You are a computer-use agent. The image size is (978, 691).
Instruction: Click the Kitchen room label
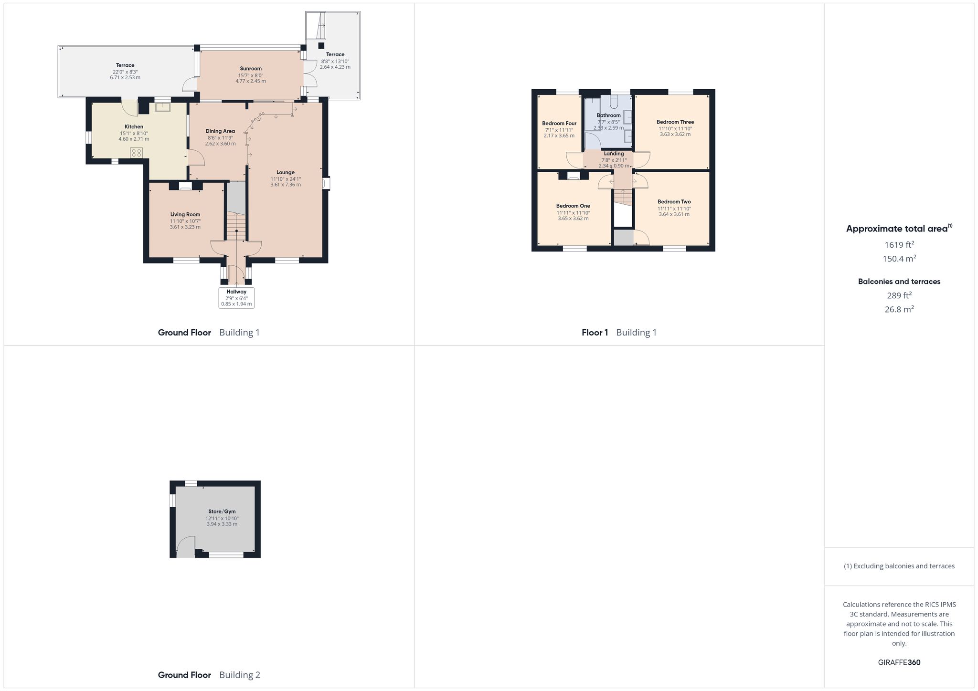tap(134, 126)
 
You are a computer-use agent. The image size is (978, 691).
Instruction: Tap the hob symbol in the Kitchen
tap(137, 153)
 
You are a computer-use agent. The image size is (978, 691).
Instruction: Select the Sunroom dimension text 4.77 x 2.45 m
tap(251, 81)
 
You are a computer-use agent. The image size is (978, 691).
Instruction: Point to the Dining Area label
tap(220, 131)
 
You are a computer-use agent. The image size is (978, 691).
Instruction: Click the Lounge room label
tap(286, 172)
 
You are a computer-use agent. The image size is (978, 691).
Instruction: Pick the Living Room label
tap(185, 214)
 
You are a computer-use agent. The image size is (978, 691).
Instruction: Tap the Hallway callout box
tap(236, 298)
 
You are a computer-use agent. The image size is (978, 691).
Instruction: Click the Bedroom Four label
tap(559, 123)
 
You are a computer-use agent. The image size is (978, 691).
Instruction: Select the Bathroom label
tap(609, 115)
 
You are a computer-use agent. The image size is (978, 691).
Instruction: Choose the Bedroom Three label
tap(675, 122)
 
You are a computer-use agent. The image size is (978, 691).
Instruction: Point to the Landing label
tap(614, 154)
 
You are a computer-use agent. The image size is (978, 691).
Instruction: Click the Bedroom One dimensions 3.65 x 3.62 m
tap(573, 219)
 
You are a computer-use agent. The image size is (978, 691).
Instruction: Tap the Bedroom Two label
tap(674, 201)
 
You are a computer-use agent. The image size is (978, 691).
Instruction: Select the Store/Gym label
tap(222, 511)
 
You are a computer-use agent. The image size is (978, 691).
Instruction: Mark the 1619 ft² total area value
tap(899, 245)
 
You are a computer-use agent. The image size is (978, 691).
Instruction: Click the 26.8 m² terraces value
tap(899, 309)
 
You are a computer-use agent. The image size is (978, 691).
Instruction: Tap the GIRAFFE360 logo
tap(899, 662)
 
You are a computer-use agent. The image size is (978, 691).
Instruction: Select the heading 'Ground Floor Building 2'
tap(209, 675)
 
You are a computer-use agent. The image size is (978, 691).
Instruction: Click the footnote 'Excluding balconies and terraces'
tap(904, 566)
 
